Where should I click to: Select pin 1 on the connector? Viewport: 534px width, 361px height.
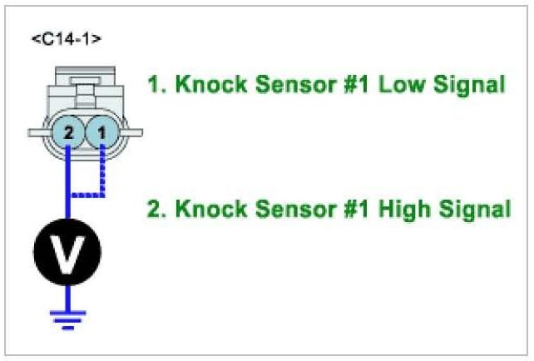(101, 132)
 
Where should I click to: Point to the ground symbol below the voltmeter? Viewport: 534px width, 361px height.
(67, 314)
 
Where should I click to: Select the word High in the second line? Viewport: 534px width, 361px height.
(403, 209)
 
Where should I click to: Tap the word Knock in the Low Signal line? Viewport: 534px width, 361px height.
(200, 84)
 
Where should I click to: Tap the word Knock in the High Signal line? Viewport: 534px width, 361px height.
(200, 209)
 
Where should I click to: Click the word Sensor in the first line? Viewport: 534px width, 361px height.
(282, 84)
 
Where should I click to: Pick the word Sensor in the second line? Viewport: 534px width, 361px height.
(282, 209)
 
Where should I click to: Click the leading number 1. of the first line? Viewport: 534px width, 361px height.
(155, 84)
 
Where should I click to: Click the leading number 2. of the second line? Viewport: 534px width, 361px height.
(155, 209)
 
